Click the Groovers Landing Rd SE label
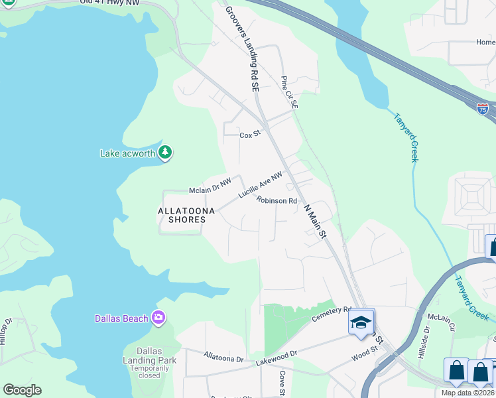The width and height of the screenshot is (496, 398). (x=241, y=48)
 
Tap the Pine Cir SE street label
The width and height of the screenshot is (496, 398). (x=289, y=92)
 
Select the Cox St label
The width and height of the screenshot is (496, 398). (x=249, y=135)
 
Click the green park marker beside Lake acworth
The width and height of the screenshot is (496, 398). (x=165, y=153)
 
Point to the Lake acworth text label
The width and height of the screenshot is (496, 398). (x=127, y=153)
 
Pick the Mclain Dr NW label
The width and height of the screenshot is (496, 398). (x=210, y=190)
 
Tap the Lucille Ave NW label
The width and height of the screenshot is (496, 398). (x=261, y=186)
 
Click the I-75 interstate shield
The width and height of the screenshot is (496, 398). (x=483, y=109)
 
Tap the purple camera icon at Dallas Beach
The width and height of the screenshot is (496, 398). (x=158, y=318)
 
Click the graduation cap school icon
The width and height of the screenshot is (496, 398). (x=361, y=322)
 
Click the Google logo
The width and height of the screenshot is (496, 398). (x=22, y=389)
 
